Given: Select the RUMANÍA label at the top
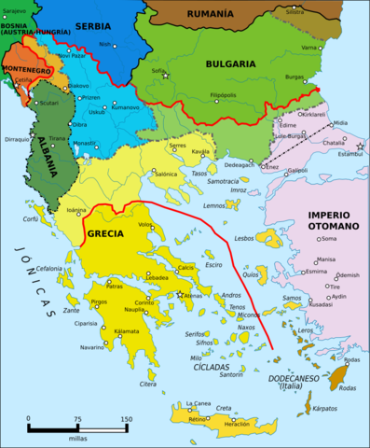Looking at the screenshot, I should coord(211,14).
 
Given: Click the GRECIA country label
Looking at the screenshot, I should coord(105,234).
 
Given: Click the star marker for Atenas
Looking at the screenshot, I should coord(181,294).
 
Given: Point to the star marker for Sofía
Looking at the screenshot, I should coord(166,76).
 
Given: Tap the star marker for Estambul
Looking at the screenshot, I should coord(360,147).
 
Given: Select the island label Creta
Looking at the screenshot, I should coord(224,408).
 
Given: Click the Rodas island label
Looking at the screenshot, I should coord(350,360).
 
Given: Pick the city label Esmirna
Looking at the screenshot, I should coord(317,272).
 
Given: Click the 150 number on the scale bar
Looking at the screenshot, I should coord(124,418).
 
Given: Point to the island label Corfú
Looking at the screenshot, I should coord(31,219).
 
